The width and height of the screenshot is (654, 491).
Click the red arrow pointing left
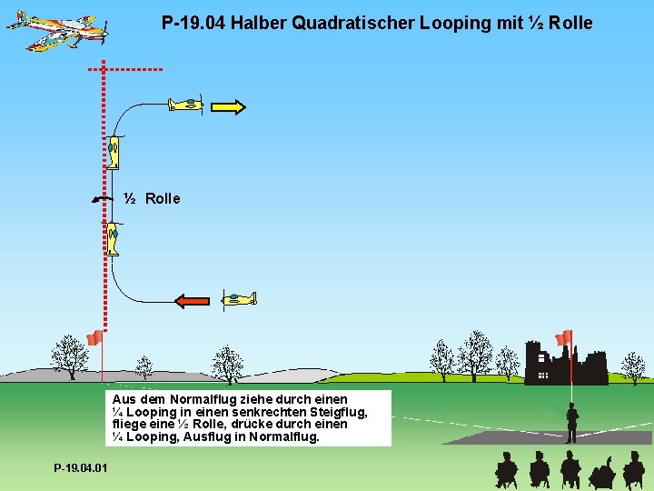click(x=192, y=301)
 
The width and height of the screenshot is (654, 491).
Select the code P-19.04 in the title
click(x=193, y=23)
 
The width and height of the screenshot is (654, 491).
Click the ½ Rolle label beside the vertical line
click(x=153, y=198)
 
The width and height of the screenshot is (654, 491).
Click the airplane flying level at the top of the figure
click(x=186, y=104)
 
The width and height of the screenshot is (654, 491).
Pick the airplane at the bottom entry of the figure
click(x=239, y=298)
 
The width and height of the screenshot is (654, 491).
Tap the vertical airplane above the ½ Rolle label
click(x=114, y=152)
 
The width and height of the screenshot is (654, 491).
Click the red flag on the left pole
click(x=93, y=338)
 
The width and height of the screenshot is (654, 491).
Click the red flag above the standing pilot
click(x=564, y=337)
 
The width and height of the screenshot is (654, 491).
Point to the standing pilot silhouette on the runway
click(x=571, y=422)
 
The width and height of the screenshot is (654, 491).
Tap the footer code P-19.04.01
click(x=80, y=468)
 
